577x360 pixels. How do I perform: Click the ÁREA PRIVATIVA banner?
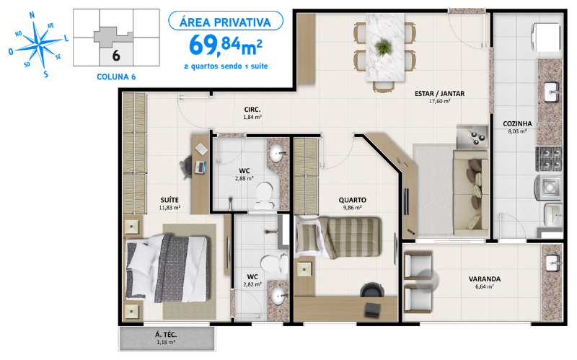(224, 22)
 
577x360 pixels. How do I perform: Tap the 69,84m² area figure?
(224, 45)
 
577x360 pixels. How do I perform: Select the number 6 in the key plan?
(115, 53)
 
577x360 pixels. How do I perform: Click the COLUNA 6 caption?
(115, 75)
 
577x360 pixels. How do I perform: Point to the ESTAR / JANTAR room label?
(439, 93)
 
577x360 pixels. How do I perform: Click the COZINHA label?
(517, 123)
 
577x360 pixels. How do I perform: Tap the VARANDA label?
(484, 278)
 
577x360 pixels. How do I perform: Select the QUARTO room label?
(353, 199)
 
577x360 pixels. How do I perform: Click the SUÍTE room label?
(170, 199)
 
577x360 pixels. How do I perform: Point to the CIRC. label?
(251, 109)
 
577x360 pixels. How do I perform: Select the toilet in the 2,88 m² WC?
(265, 191)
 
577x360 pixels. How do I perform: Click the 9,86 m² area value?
(353, 208)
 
